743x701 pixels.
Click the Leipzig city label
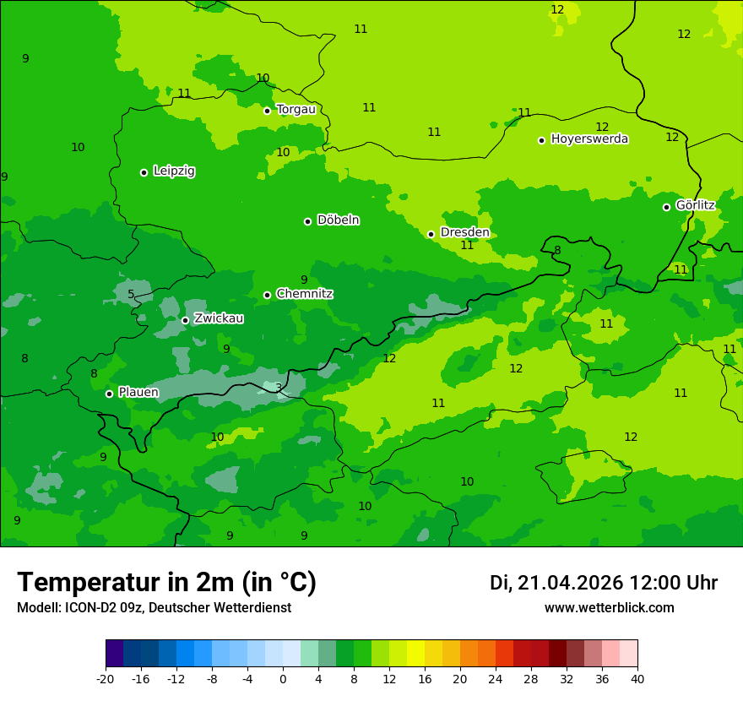click(174, 171)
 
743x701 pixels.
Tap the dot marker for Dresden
click(431, 234)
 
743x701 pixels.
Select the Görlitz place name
click(695, 205)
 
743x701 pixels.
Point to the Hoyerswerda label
click(589, 139)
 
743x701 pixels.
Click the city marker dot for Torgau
click(267, 111)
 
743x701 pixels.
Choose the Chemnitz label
click(304, 294)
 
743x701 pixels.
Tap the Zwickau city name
click(219, 318)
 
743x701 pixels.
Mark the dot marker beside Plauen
click(109, 394)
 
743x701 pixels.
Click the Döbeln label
click(338, 220)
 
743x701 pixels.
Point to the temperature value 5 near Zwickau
click(131, 295)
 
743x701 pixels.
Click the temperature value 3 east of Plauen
click(279, 388)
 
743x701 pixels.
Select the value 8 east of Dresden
click(557, 250)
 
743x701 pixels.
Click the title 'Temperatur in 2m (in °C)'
click(166, 583)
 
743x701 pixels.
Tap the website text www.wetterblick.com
click(609, 608)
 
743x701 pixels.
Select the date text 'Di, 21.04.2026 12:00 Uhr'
click(603, 583)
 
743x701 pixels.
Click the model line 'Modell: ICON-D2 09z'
click(154, 608)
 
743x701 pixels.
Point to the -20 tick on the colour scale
click(106, 678)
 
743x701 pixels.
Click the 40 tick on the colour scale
click(637, 678)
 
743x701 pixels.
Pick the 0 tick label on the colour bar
click(283, 678)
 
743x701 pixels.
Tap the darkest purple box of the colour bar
click(114, 654)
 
